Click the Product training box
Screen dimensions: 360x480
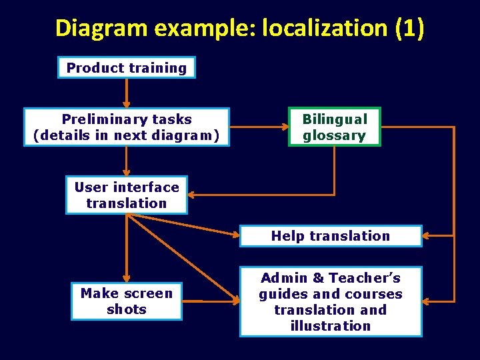[x=127, y=67]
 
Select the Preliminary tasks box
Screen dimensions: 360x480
[x=127, y=127]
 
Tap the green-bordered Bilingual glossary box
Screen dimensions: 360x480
[x=334, y=127]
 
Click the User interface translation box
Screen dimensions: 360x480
[x=127, y=195]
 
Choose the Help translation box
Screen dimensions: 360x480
[x=331, y=236]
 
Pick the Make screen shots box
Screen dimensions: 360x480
[x=127, y=301]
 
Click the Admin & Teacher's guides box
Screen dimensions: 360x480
[x=331, y=301]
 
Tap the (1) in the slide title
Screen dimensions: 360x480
[x=409, y=28]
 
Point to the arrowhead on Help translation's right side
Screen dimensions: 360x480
[x=427, y=236]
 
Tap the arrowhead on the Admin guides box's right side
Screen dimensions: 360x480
[x=427, y=301]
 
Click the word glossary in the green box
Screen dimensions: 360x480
[x=334, y=135]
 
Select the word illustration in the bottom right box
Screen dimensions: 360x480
[x=331, y=326]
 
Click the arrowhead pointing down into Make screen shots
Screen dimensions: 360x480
[x=127, y=279]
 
